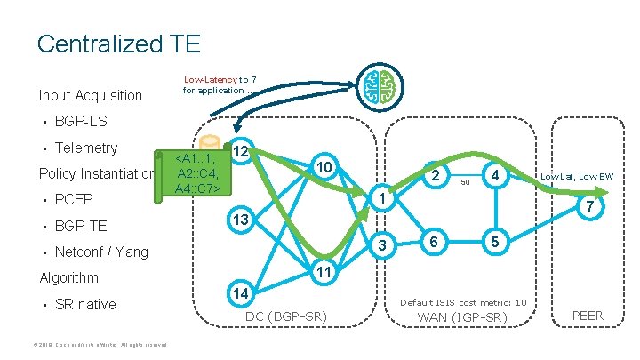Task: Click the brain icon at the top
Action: coord(380,86)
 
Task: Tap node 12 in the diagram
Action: coord(241,152)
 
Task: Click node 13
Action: coord(241,219)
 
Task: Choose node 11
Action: coord(324,271)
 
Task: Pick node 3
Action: coord(380,244)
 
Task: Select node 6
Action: coord(433,243)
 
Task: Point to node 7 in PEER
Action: coord(586,207)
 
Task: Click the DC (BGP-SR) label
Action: coord(284,317)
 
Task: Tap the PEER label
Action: coord(587,315)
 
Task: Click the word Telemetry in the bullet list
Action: coord(85,148)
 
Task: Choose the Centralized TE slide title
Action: coord(118,43)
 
